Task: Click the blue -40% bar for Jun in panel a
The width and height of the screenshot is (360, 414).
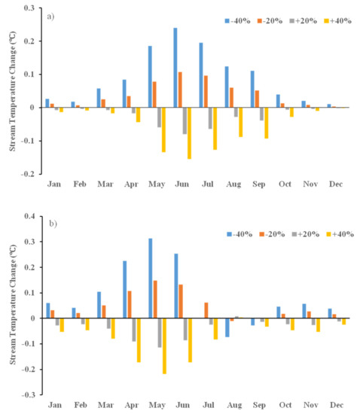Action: tap(175, 68)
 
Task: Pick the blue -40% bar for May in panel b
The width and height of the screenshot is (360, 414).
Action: tap(150, 279)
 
